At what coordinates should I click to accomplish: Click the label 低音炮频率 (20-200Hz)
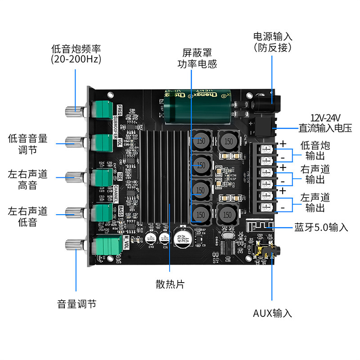coord(76,54)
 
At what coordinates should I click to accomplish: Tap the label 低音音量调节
coord(28,144)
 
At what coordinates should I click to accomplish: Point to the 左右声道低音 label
coord(28,216)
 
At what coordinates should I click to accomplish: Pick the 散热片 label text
coord(170,284)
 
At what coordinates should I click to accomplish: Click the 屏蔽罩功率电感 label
coord(197,58)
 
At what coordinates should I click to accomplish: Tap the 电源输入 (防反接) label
coord(273,41)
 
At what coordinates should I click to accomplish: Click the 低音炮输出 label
coord(315,151)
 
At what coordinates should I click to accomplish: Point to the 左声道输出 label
coord(315,202)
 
